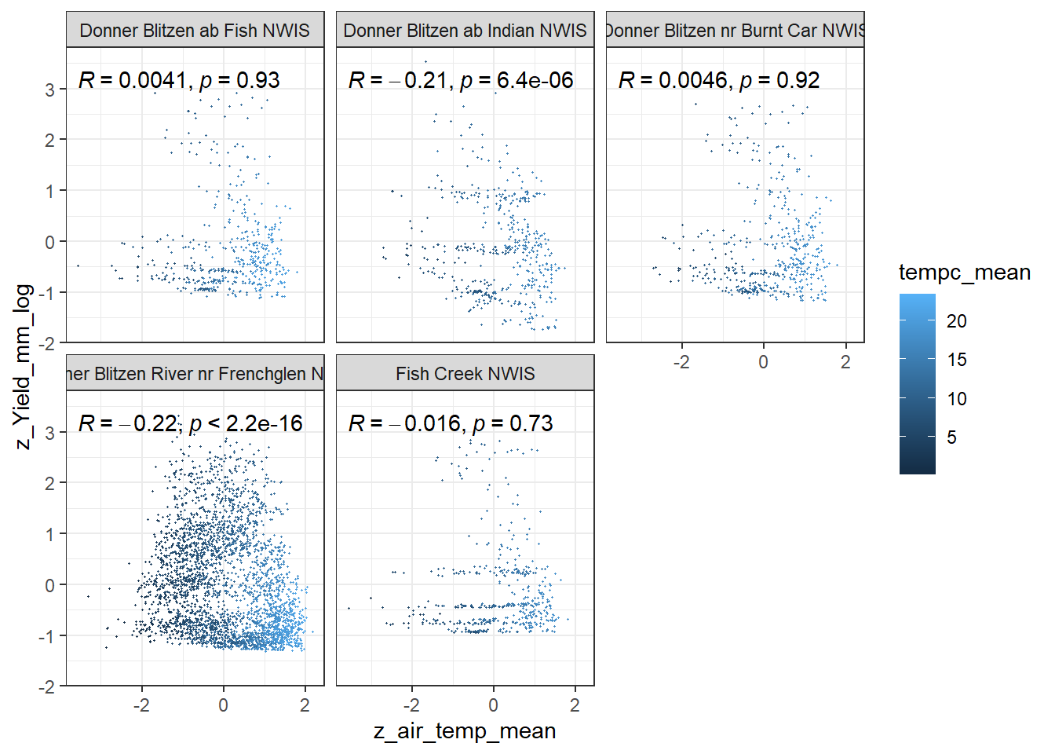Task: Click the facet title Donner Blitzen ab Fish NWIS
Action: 195,31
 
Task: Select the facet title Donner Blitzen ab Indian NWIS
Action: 465,31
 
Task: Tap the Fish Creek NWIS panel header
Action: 465,374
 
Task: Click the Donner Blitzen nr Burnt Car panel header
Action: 735,31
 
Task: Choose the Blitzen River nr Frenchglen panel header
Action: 195,374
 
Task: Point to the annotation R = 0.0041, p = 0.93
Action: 179,80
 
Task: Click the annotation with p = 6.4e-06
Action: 461,80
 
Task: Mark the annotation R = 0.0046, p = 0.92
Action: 719,80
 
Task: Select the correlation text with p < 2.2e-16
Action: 191,423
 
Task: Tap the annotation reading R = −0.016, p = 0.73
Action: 451,423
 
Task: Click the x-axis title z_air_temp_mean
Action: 465,731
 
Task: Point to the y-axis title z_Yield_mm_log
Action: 24,366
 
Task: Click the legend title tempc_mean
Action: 964,273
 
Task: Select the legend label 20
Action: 956,321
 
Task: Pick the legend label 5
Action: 951,437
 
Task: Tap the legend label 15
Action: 956,360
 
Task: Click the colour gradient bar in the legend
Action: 917,384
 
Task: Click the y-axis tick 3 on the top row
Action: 50,90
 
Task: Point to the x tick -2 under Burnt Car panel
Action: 681,362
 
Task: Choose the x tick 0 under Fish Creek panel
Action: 493,705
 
